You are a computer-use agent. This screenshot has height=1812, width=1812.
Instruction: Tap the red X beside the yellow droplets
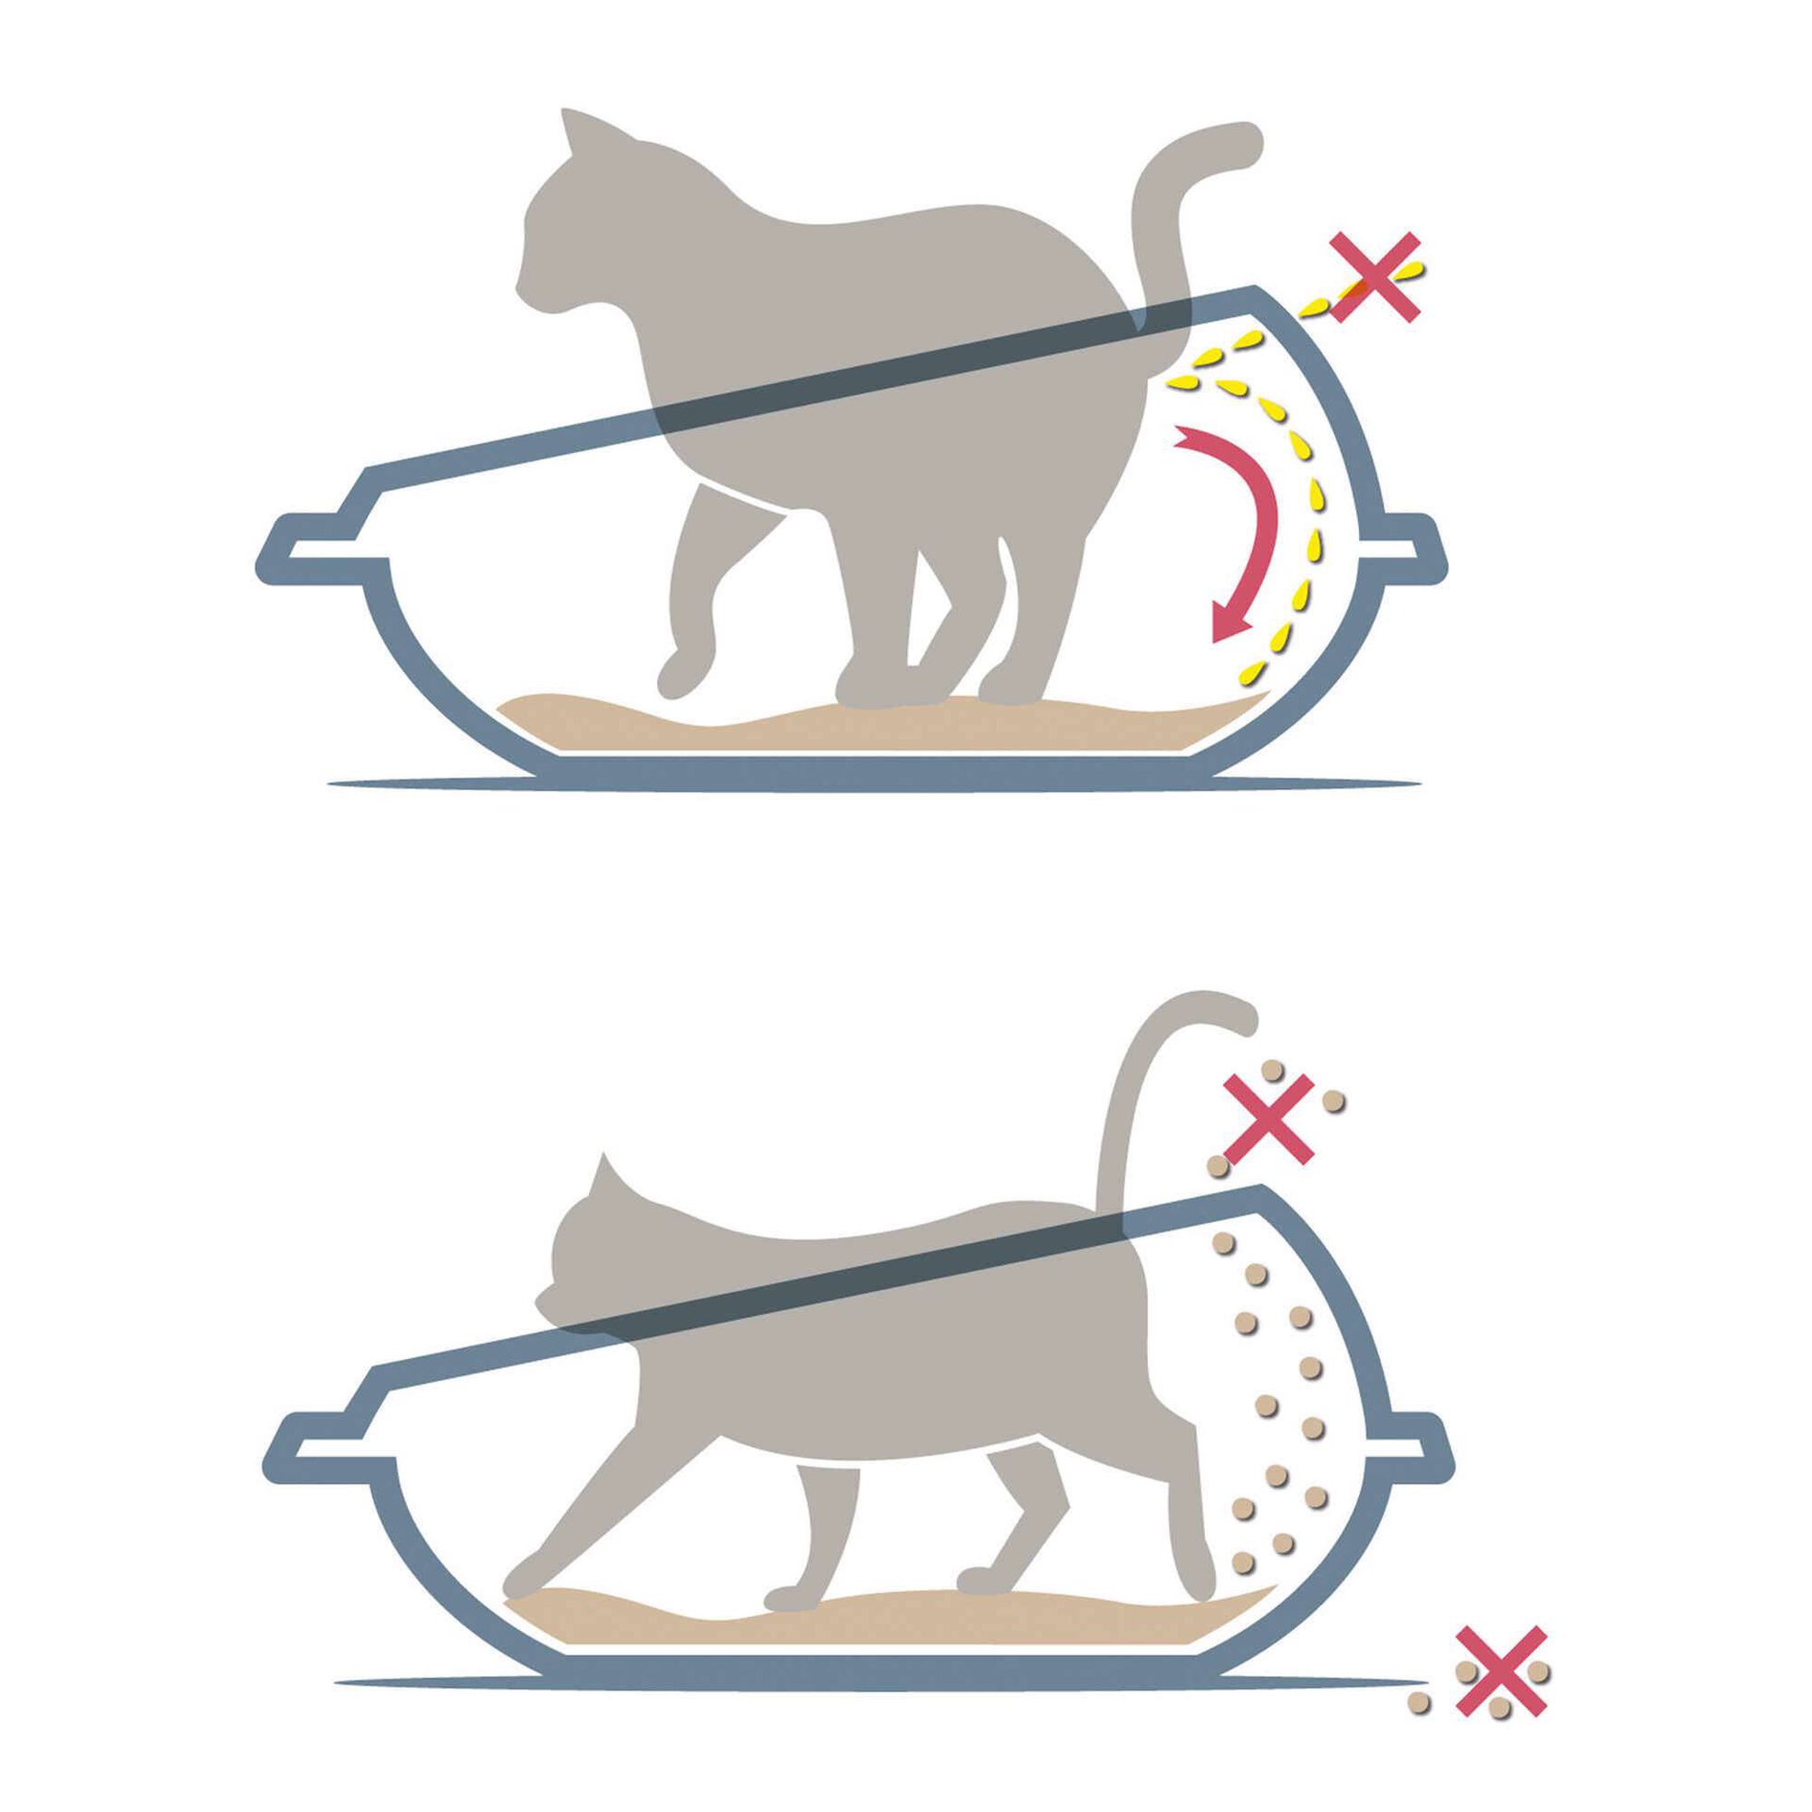pos(1374,277)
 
